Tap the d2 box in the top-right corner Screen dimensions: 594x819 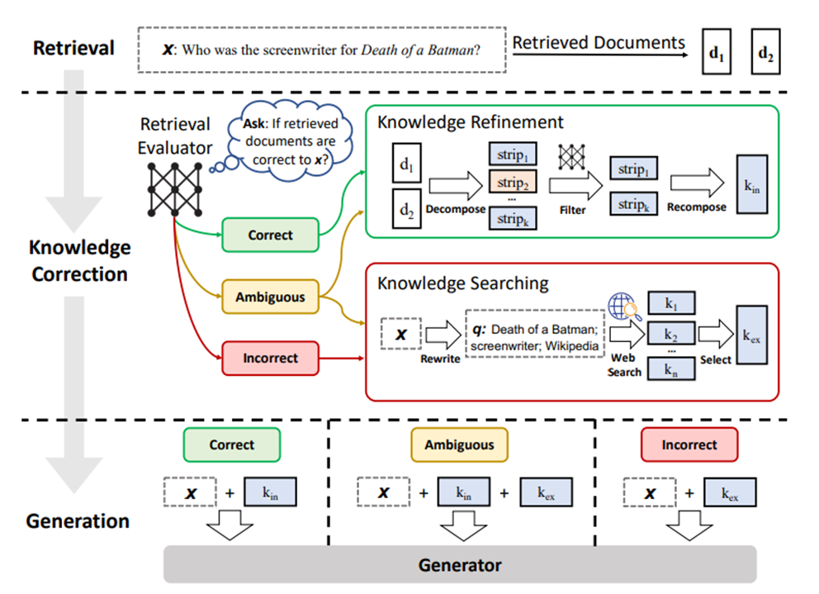coord(765,52)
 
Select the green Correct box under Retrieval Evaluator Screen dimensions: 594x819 coord(270,235)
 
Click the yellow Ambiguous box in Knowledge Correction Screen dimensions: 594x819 coord(270,297)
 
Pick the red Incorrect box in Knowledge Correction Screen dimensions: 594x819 coord(270,359)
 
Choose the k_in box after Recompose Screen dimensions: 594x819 coord(752,187)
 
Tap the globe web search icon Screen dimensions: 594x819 coord(623,307)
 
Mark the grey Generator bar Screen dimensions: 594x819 coord(460,565)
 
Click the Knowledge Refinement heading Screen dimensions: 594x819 coord(471,122)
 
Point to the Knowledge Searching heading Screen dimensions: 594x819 coord(462,283)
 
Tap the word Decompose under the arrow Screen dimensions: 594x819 coord(454,210)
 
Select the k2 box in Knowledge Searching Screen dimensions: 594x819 coord(670,335)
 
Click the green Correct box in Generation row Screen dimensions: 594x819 coord(231,444)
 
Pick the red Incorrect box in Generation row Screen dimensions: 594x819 coord(689,444)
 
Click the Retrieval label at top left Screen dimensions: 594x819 coord(73,48)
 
